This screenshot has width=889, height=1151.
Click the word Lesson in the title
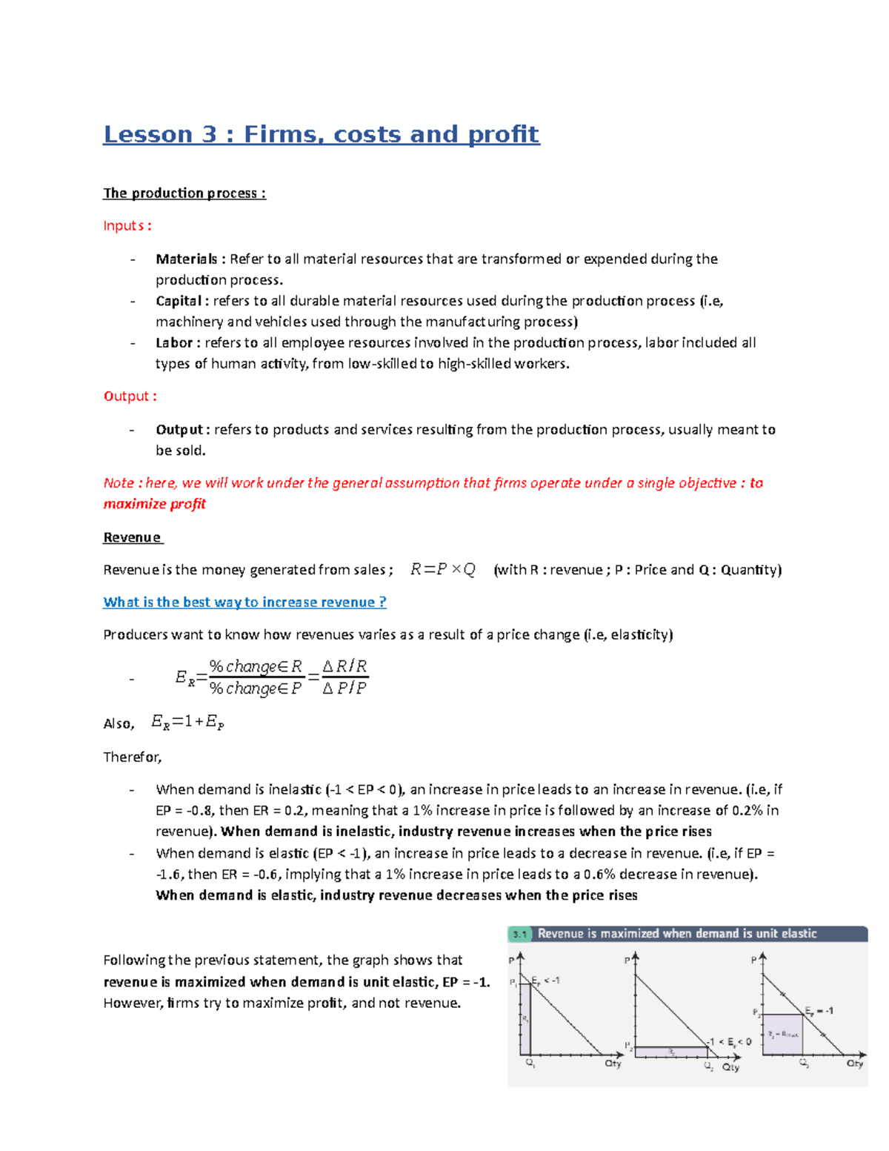click(x=147, y=134)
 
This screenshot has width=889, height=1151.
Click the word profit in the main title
click(x=503, y=134)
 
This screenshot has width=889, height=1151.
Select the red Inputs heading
click(x=127, y=225)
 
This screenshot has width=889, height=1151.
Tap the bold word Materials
click(x=186, y=259)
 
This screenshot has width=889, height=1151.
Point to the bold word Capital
click(x=179, y=301)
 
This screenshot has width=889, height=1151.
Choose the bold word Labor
click(x=174, y=342)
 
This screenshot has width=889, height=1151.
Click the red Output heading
click(x=130, y=396)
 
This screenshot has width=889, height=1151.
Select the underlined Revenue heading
click(x=132, y=537)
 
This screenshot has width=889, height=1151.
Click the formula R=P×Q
click(x=442, y=569)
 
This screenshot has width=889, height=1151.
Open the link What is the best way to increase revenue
click(x=244, y=602)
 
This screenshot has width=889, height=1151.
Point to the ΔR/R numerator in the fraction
click(x=344, y=666)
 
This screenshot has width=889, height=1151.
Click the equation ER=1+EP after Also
click(x=187, y=722)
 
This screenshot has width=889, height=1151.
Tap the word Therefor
click(x=132, y=757)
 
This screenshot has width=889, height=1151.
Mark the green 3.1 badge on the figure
click(x=520, y=934)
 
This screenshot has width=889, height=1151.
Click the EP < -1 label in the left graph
click(x=547, y=981)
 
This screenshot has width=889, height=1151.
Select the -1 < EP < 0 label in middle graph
click(x=729, y=1041)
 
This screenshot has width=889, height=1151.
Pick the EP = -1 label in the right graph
click(x=819, y=1010)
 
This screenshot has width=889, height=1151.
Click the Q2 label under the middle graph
click(x=709, y=1067)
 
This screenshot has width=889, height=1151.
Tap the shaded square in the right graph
click(x=782, y=1035)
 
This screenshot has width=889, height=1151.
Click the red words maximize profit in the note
click(x=154, y=504)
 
